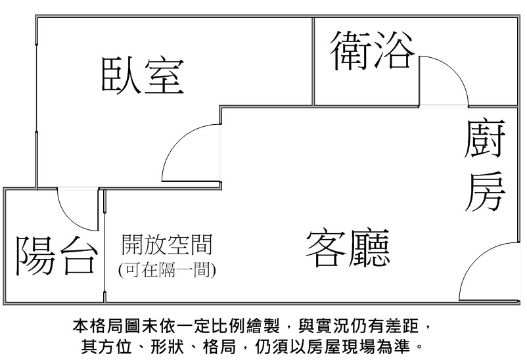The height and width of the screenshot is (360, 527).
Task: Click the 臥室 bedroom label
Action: coord(143,75)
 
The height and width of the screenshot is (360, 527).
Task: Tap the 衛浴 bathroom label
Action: coord(373,51)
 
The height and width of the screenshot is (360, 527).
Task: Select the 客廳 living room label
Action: coord(348,248)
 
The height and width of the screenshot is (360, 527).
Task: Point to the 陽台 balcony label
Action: coord(57,255)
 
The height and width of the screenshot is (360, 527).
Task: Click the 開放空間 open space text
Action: coord(167,244)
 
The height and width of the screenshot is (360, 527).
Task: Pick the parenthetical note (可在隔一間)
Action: coord(167,269)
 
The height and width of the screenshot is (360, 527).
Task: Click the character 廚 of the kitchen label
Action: coord(485,139)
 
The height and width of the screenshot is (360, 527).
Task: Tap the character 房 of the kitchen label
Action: coord(485,192)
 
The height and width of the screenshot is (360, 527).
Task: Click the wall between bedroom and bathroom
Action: coord(313,62)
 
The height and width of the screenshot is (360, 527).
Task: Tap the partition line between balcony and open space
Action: coord(105,246)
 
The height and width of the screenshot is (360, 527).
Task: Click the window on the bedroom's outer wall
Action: coord(36,88)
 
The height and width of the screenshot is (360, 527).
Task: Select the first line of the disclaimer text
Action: coord(252,325)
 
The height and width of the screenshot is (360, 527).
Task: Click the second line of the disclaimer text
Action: coord(252,346)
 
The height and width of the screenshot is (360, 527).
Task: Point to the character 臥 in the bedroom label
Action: coord(121,75)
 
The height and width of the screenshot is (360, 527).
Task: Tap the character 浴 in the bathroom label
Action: coord(394,51)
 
